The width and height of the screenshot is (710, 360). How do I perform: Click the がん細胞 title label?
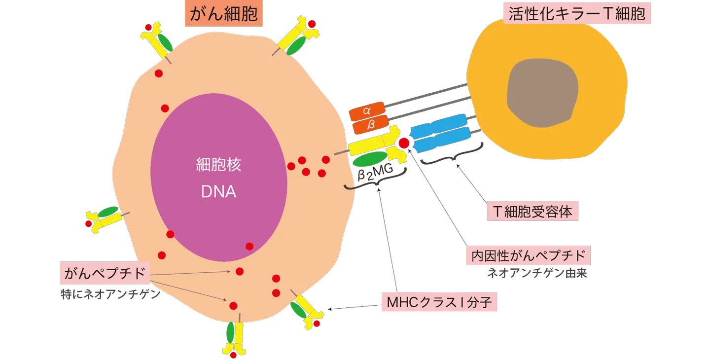[223, 13]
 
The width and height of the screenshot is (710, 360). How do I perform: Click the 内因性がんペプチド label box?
[528, 256]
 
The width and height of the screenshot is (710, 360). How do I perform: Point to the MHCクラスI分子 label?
[439, 301]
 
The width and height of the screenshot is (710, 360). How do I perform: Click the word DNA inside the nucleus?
[218, 192]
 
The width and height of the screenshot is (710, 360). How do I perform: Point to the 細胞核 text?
[218, 164]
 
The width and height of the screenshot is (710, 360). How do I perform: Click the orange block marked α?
[366, 112]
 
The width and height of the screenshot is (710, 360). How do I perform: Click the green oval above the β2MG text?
[370, 159]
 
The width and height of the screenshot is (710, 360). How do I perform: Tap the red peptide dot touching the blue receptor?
[404, 143]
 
